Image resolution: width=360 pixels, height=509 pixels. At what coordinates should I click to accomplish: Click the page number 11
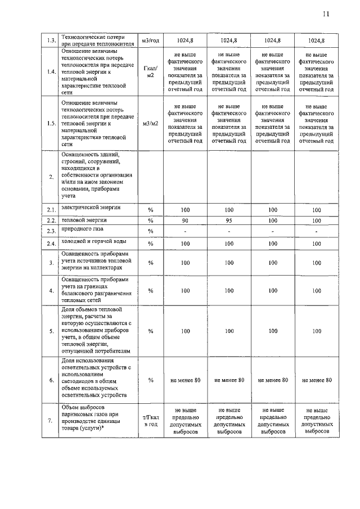[326, 15]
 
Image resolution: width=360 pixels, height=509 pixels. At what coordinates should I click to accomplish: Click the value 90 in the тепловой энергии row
[185, 220]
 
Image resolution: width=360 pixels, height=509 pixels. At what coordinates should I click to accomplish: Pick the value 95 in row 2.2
[229, 220]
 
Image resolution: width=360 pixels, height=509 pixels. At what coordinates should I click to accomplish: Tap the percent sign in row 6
[151, 380]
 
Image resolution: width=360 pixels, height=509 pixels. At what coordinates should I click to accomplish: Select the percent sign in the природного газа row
[151, 231]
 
